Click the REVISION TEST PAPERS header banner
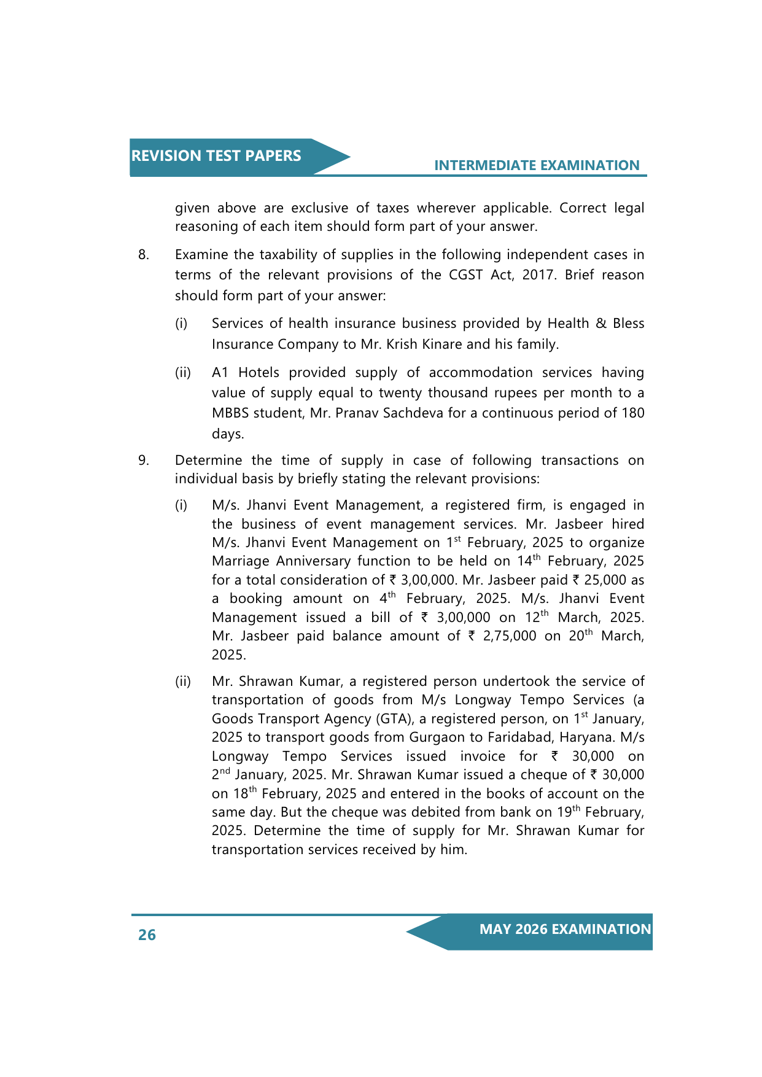click(x=216, y=156)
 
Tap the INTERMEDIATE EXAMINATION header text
click(x=537, y=165)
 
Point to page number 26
click(x=147, y=935)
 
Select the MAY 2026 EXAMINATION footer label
click(x=565, y=929)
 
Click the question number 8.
click(x=143, y=255)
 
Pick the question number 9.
click(x=143, y=461)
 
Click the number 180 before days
click(x=632, y=413)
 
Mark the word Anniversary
click(x=313, y=561)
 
